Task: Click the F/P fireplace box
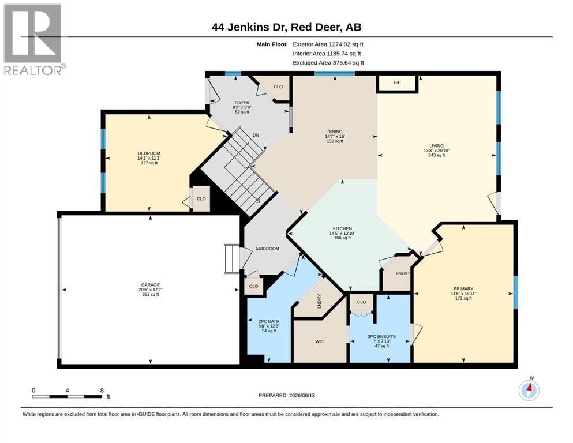tap(397, 83)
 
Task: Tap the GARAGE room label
tap(151, 285)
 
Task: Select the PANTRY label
tap(403, 273)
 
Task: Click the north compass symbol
tap(529, 390)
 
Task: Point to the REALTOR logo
tap(35, 39)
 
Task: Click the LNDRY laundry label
tap(319, 301)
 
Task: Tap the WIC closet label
tap(319, 341)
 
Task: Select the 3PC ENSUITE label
tap(381, 336)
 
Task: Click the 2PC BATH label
tap(268, 321)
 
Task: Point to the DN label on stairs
tap(256, 135)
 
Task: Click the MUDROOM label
tap(268, 249)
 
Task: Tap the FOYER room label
tap(242, 103)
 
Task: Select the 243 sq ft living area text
tap(436, 155)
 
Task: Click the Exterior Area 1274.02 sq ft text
tap(328, 44)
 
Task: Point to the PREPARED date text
tap(286, 395)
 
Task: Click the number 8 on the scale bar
tap(102, 390)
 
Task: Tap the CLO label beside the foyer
tap(278, 87)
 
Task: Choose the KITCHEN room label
tap(342, 228)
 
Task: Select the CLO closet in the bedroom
tap(201, 198)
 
